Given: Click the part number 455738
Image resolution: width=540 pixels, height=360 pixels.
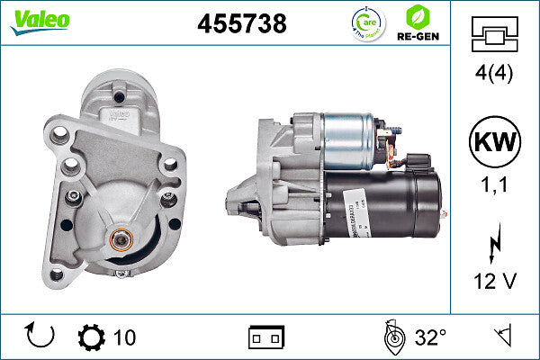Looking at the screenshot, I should pos(241,24).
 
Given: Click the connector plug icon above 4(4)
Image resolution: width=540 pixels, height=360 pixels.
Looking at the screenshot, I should pos(494,37).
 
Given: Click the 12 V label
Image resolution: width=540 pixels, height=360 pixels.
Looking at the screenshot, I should pos(494,282).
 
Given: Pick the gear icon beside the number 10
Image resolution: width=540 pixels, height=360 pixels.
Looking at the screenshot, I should pos(91,337).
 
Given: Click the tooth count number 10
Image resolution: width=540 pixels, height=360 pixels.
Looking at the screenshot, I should pos(125,337).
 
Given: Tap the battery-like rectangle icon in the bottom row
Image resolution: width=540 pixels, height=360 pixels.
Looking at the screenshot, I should pos(265,337).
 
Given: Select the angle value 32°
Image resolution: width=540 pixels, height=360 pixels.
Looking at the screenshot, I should pos(430,337).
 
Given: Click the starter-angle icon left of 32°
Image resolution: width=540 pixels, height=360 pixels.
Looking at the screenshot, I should pos(391,337).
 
